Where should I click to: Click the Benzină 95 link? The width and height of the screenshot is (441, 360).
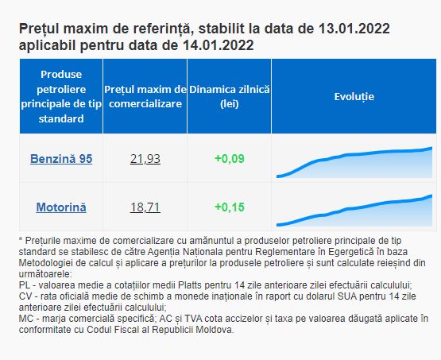61,159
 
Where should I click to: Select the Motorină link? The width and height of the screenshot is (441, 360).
61,207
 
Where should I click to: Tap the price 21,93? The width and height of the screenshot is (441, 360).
145,159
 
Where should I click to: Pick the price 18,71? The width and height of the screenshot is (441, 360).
145,207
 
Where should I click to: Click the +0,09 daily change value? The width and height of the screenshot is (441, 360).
230,159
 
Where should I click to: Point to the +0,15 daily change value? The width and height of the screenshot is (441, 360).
230,207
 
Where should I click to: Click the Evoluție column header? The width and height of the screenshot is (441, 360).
354,96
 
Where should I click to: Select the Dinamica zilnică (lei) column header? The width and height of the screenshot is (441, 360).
230,96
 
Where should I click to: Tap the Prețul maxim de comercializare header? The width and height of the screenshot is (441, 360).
145,96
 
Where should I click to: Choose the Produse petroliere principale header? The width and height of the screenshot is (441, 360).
61,96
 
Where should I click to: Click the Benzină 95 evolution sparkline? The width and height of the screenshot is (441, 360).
354,162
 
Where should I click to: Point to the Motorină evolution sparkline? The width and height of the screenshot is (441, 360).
354,211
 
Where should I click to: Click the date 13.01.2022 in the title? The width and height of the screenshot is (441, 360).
354,29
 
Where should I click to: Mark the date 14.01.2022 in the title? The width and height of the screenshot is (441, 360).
218,45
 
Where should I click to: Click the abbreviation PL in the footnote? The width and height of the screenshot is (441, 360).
24,285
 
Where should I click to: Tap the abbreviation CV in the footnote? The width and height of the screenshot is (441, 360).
25,296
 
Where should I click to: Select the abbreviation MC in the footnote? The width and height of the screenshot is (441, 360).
25,319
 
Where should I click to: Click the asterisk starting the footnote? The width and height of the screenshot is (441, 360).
21,239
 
